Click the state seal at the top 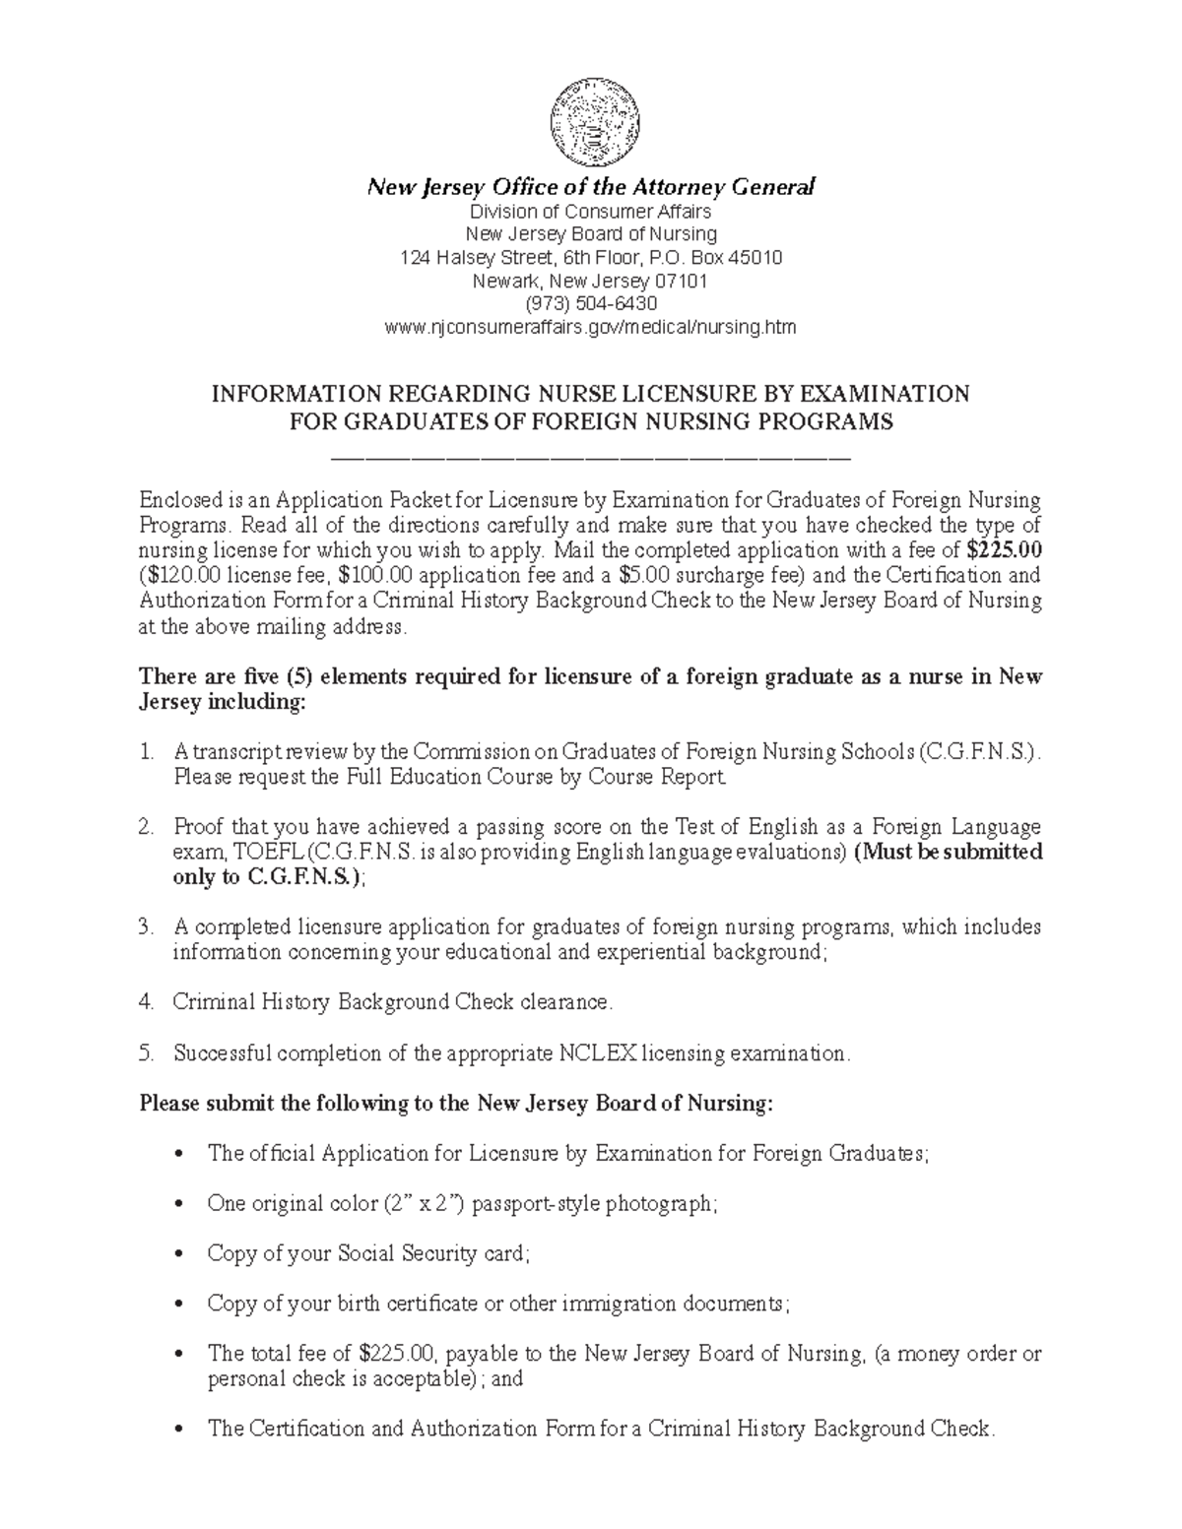592,123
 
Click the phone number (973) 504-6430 591,304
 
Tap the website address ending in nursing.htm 591,328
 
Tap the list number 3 146,927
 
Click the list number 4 146,1002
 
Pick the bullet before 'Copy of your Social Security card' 177,1254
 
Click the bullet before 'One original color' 177,1204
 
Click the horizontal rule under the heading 591,458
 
